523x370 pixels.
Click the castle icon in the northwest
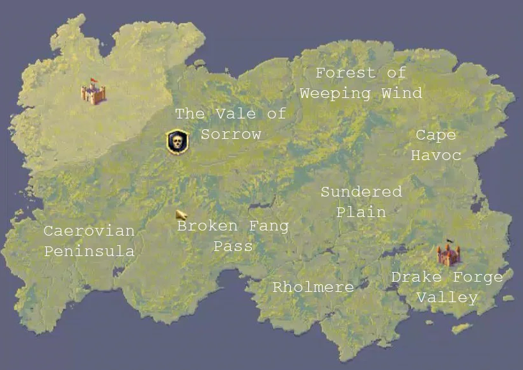click(93, 92)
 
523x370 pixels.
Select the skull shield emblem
click(176, 141)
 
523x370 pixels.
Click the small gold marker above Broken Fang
click(181, 215)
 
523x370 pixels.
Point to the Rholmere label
click(313, 287)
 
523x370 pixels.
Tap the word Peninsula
click(89, 251)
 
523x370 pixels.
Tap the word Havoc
click(436, 156)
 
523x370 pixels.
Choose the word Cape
click(436, 135)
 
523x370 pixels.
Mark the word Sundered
click(361, 191)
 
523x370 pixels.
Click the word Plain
click(361, 212)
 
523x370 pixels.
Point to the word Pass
click(233, 246)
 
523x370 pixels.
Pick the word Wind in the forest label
click(402, 93)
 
